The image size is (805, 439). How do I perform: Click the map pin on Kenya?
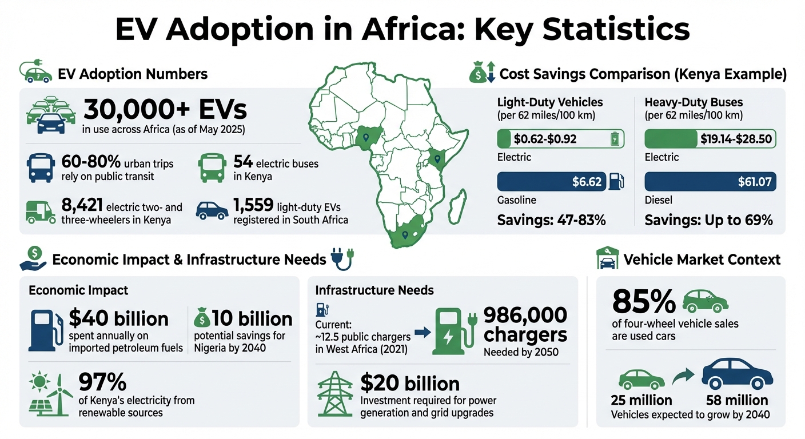click(x=438, y=156)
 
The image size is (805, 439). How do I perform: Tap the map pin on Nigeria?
click(x=361, y=137)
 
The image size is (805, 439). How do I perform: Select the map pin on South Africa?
click(x=405, y=234)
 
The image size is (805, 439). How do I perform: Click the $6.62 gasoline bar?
click(x=551, y=182)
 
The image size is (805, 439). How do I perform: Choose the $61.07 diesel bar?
click(x=710, y=182)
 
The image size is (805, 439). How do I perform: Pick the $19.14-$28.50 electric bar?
click(x=710, y=139)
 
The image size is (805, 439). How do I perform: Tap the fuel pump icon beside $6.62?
click(x=616, y=182)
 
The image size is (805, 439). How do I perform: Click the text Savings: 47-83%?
click(x=551, y=220)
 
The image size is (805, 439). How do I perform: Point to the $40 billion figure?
click(x=118, y=318)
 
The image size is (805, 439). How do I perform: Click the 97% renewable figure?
click(x=102, y=382)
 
